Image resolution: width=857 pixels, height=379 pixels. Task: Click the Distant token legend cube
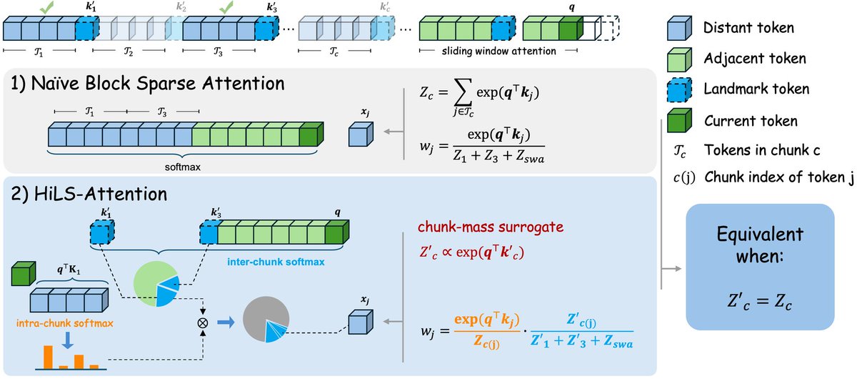(679, 28)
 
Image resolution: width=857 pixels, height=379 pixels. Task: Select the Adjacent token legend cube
(679, 59)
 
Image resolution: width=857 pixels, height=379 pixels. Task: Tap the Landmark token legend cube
(679, 90)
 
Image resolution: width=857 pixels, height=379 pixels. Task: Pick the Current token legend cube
(679, 121)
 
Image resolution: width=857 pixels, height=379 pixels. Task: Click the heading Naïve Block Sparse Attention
(147, 83)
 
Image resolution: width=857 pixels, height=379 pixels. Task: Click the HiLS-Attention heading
(89, 194)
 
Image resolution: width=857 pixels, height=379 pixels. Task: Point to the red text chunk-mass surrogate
(491, 227)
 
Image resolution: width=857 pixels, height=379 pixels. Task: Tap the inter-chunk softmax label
(276, 262)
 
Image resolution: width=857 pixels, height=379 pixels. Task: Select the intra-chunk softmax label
(65, 323)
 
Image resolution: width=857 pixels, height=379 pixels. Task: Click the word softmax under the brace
(183, 167)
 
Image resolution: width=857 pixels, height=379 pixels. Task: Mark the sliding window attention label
(499, 51)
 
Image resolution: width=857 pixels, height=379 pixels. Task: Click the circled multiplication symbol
(202, 323)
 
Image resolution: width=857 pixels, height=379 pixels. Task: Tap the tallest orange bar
(48, 357)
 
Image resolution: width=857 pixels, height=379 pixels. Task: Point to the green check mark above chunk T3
(226, 7)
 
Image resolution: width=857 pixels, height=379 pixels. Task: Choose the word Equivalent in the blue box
(760, 234)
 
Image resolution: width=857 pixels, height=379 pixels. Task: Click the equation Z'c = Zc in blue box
(760, 302)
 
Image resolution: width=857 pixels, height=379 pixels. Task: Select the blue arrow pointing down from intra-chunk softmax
(68, 340)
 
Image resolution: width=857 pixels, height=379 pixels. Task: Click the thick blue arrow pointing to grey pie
(226, 323)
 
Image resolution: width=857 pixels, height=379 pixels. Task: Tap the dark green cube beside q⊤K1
(24, 274)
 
